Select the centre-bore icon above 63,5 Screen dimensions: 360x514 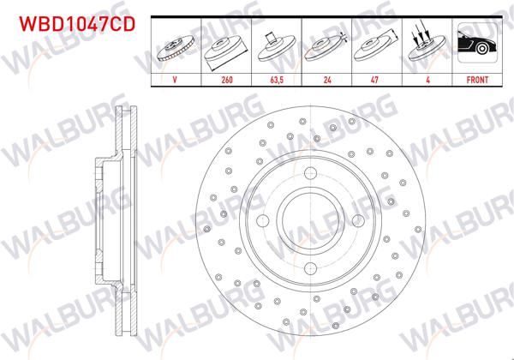click(x=275, y=48)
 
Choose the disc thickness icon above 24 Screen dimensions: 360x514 click(x=326, y=48)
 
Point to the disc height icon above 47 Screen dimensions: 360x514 click(x=375, y=48)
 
